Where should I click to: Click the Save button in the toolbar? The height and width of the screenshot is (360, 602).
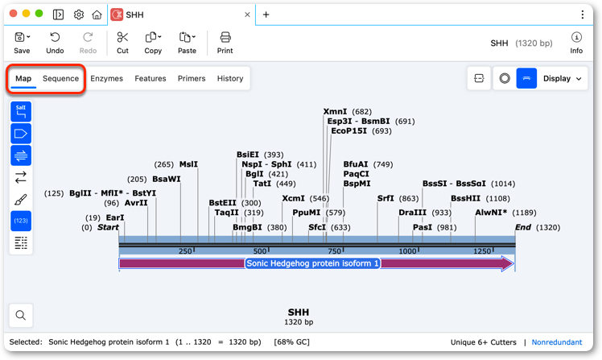pos(22,43)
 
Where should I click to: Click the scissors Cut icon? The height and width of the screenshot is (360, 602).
pos(122,37)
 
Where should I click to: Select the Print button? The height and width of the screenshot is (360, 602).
pos(225,43)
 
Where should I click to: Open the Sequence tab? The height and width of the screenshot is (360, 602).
pos(60,78)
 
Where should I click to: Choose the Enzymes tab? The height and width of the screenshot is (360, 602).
pos(107,78)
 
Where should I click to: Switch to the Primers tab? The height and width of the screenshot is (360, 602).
pos(192,78)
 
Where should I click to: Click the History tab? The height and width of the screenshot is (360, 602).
pos(230,78)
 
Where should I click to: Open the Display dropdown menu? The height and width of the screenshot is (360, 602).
pos(562,78)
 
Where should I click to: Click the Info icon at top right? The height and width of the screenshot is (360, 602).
pos(576,37)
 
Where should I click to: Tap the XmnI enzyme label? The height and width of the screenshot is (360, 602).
pos(335,111)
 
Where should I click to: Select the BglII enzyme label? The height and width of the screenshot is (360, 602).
pos(80,192)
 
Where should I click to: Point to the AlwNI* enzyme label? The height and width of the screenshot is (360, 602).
pos(491,213)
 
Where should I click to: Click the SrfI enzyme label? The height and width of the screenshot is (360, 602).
pos(386,198)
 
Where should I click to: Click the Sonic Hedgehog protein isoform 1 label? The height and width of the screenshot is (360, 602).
pos(312,263)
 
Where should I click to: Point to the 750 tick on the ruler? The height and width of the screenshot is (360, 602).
pos(334,251)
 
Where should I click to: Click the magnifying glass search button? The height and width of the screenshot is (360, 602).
pos(21,315)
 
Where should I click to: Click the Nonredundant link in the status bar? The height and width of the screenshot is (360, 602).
pos(557,342)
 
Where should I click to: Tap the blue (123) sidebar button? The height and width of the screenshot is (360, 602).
pos(21,221)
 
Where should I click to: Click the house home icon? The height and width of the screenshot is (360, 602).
pos(97,14)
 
